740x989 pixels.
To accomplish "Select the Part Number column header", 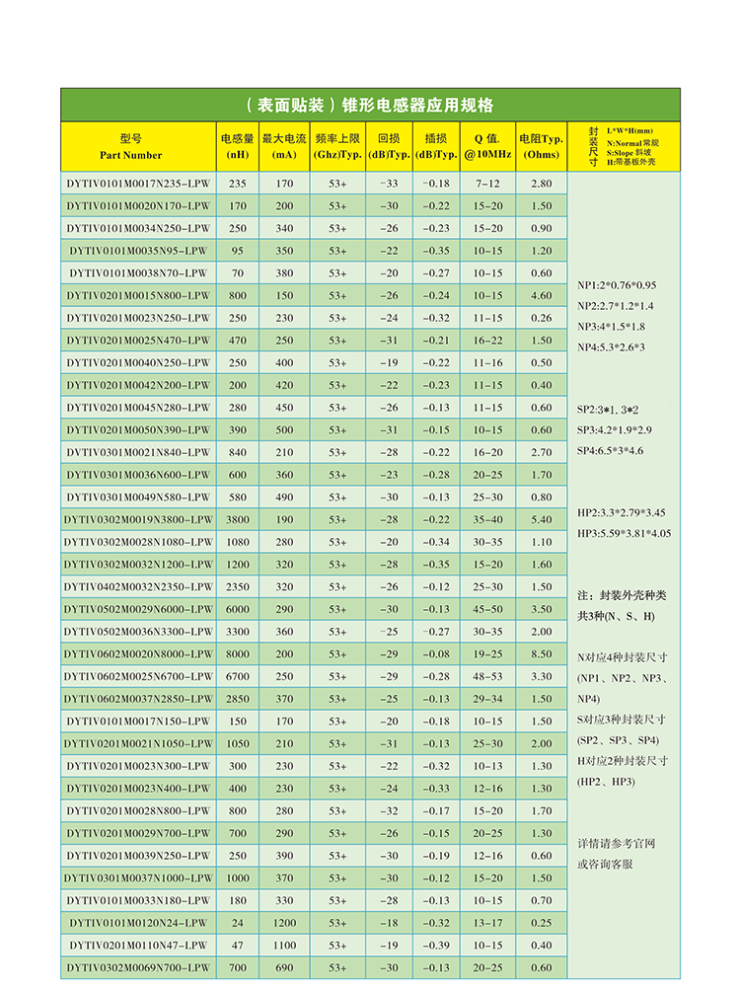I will pyautogui.click(x=130, y=147).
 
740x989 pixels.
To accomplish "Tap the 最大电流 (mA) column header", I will pyautogui.click(x=285, y=147).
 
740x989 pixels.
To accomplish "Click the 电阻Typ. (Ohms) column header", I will pyautogui.click(x=541, y=147).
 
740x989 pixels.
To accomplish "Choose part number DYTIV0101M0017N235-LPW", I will pyautogui.click(x=138, y=184).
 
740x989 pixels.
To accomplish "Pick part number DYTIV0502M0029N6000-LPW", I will pyautogui.click(x=138, y=609).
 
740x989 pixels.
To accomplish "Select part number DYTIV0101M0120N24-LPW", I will pyautogui.click(x=138, y=923).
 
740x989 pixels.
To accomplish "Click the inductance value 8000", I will pyautogui.click(x=238, y=654).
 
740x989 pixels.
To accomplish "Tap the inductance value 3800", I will pyautogui.click(x=238, y=519).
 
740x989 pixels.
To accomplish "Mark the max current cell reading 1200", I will pyautogui.click(x=285, y=923).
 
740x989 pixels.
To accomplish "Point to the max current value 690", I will pyautogui.click(x=285, y=967).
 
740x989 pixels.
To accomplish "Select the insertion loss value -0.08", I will pyautogui.click(x=435, y=654).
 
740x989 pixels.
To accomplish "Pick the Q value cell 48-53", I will pyautogui.click(x=487, y=676).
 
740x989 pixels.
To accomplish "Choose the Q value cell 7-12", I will pyautogui.click(x=487, y=184).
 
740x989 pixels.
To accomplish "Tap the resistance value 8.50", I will pyautogui.click(x=541, y=654).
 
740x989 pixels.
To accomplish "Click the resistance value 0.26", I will pyautogui.click(x=541, y=318).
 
